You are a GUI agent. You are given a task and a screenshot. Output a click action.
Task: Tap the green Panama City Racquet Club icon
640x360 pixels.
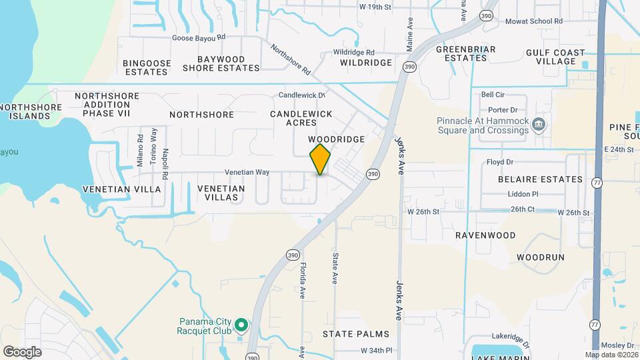point(242,326)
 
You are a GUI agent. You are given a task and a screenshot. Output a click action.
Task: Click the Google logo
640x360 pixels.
point(22,352)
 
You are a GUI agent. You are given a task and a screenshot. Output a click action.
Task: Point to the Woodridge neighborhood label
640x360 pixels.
point(337,139)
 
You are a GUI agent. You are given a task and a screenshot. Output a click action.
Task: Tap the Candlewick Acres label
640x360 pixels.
point(301,119)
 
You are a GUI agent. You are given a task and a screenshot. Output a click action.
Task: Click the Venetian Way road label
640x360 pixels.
point(247,172)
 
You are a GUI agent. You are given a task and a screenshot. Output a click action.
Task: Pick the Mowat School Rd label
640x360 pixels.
point(533,21)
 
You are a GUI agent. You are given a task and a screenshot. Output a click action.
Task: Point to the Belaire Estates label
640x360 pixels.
point(540,179)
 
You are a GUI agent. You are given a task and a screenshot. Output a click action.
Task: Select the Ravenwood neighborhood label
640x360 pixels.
point(485,235)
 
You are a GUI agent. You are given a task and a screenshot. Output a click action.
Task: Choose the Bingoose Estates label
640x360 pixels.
point(147,67)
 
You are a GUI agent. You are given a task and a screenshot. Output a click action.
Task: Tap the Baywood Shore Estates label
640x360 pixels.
point(213,63)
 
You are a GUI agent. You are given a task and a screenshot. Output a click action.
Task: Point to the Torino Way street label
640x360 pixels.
point(153,152)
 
